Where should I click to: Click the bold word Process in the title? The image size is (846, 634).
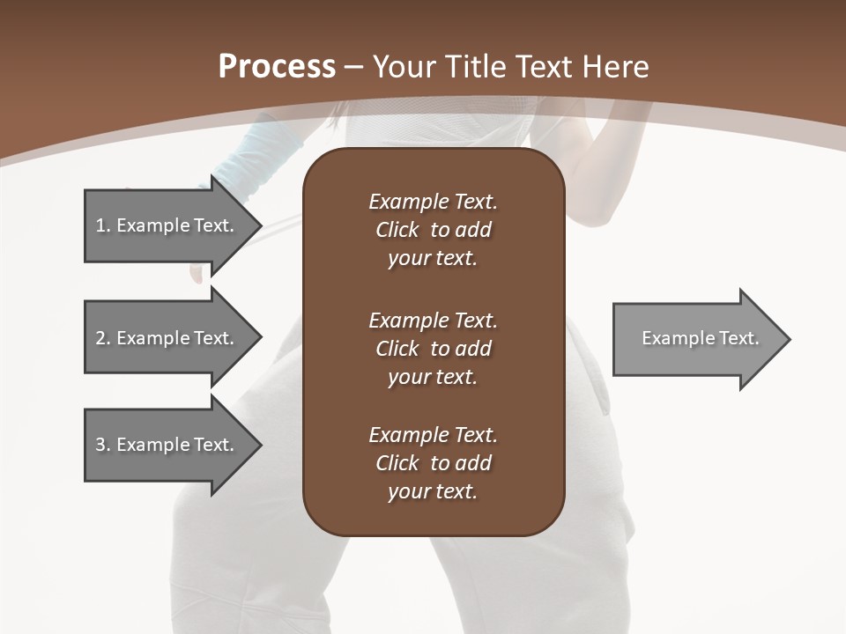pos(277,67)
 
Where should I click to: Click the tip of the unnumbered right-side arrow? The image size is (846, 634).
pos(788,339)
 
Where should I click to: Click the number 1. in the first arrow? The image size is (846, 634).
pos(102,225)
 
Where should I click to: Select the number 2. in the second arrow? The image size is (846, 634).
pos(102,338)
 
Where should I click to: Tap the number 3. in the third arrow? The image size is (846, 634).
pos(102,445)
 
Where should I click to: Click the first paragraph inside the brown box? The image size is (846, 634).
pos(433,230)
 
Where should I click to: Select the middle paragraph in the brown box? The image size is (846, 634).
pos(433,349)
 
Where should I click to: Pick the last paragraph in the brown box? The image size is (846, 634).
pos(433,463)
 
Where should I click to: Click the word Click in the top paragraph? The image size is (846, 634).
pos(397,230)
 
